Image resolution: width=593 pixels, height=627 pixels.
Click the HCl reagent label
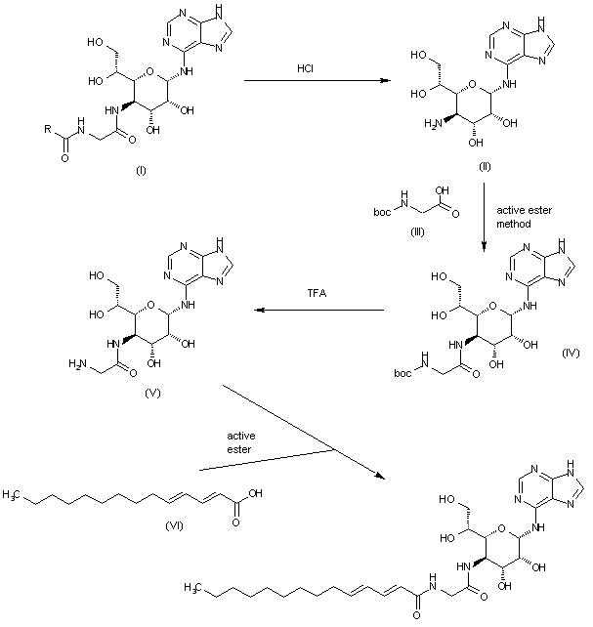pos(305,67)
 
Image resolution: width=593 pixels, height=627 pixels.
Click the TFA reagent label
pos(318,293)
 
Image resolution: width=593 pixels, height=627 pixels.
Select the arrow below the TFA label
pos(319,309)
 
